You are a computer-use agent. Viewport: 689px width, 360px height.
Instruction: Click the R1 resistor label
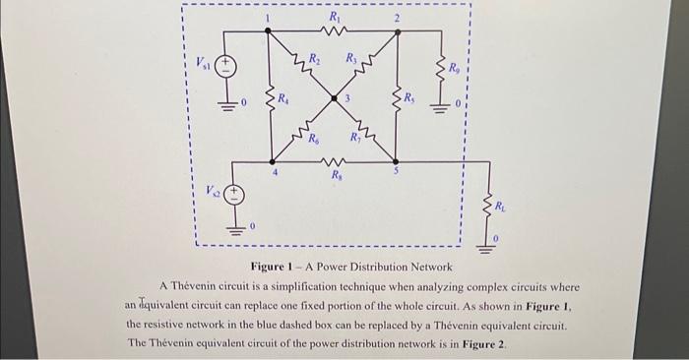pyautogui.click(x=335, y=16)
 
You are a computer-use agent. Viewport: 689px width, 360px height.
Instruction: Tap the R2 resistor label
pyautogui.click(x=314, y=58)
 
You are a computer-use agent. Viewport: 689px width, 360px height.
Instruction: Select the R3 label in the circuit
pyautogui.click(x=352, y=58)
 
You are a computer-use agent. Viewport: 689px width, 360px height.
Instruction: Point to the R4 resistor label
pyautogui.click(x=283, y=98)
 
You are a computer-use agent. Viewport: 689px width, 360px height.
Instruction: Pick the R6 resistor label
pyautogui.click(x=313, y=140)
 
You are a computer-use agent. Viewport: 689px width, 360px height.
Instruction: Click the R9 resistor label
pyautogui.click(x=454, y=70)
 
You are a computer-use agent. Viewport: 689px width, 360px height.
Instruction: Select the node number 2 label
pyautogui.click(x=398, y=19)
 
